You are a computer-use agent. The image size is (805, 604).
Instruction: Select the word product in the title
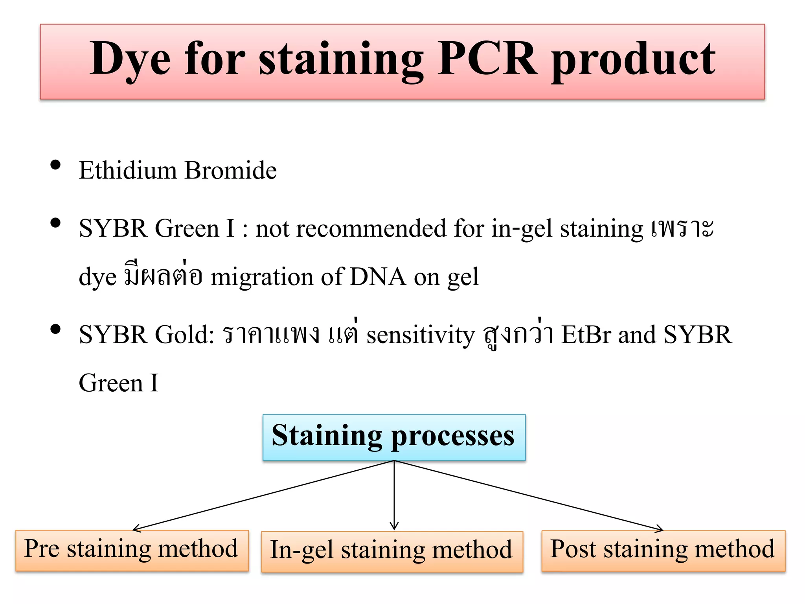[x=633, y=61]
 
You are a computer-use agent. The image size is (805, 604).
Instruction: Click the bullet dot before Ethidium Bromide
[x=55, y=165]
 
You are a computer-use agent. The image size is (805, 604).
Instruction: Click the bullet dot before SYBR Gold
[x=55, y=329]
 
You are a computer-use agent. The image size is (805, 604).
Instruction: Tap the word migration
[x=262, y=277]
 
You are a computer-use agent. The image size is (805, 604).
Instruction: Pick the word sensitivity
[x=421, y=335]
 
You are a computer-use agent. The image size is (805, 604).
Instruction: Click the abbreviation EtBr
[x=586, y=335]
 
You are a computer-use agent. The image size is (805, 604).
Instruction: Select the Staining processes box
[x=394, y=437]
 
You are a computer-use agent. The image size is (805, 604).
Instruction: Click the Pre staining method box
[x=132, y=550]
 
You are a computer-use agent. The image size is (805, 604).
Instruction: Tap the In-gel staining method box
[x=391, y=551]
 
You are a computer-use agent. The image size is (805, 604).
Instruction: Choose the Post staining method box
[x=663, y=550]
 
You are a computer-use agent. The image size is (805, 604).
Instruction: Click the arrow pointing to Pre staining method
[x=263, y=495]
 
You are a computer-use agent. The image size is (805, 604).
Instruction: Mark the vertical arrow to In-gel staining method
[x=394, y=495]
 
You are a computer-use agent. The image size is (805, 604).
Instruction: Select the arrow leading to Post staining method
[x=529, y=495]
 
